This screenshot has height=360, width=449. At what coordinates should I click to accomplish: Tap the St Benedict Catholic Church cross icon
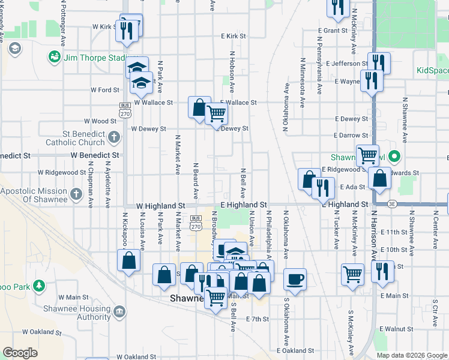115,138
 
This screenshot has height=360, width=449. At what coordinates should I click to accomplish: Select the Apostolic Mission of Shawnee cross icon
76,194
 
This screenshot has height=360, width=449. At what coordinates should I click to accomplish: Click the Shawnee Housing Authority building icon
119,311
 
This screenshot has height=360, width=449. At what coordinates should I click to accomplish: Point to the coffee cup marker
295,278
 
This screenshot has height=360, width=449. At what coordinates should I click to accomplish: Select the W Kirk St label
103,27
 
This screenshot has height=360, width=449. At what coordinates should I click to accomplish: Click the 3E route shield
391,205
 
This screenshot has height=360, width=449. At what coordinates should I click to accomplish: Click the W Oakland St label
43,331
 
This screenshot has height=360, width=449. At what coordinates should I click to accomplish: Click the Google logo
20,353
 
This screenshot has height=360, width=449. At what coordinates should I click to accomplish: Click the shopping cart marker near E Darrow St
367,155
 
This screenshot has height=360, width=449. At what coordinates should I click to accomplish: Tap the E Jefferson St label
348,64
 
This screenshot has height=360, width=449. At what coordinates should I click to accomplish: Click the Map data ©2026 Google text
412,355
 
